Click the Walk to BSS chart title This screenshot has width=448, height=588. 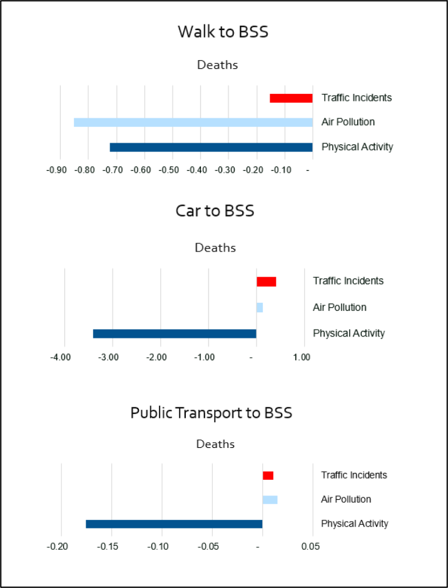pos(223,32)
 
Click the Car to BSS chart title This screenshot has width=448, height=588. pos(215,211)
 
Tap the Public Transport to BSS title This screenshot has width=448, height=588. pos(211,413)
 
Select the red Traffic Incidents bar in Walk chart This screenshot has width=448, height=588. pos(291,98)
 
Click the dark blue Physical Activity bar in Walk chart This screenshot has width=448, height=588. pos(211,147)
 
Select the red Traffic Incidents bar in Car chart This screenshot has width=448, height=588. pos(266,281)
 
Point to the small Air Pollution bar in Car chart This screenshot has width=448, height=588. pos(260,307)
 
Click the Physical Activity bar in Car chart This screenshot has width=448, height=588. pos(175,333)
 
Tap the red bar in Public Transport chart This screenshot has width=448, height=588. pos(268,475)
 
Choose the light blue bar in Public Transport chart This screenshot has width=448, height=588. pos(270,499)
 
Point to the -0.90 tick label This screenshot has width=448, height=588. pos(58,170)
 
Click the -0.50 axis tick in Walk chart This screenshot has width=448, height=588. pos(171,170)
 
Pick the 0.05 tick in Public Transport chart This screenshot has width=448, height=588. pos(310,547)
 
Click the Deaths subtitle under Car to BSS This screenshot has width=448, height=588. pos(215,248)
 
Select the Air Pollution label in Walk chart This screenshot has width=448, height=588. pos(348,122)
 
